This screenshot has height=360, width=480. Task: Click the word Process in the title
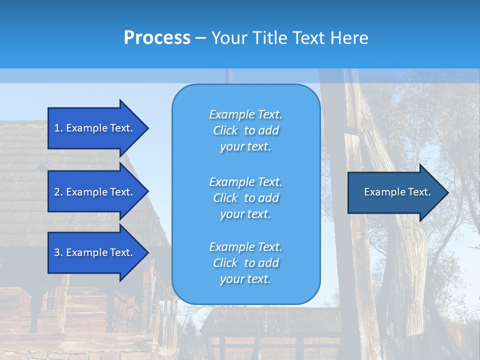click(x=157, y=38)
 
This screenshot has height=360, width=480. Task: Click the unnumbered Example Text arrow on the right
click(x=397, y=192)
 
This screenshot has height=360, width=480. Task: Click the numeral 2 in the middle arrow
click(x=57, y=192)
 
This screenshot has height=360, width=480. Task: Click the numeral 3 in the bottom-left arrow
click(x=57, y=252)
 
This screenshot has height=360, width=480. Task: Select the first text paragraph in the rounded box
click(x=245, y=130)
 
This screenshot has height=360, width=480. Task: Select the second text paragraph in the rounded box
click(x=245, y=197)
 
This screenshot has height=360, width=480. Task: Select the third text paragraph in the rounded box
click(x=245, y=263)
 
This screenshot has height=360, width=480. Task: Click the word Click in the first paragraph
click(x=225, y=130)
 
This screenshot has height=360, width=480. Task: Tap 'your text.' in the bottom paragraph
click(x=245, y=279)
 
